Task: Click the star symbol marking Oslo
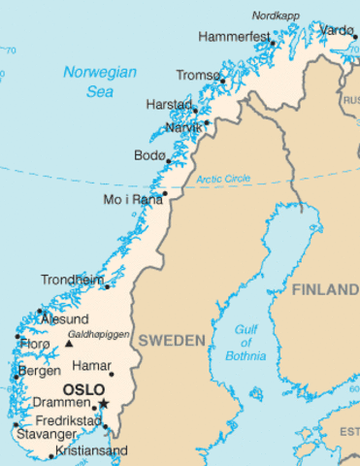coord(103,403)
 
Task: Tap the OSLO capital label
coord(82,390)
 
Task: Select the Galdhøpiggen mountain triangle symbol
coord(68,342)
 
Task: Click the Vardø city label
coord(337,30)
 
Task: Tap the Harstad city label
coord(169,104)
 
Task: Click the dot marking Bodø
coord(169,159)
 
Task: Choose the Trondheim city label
coord(72,280)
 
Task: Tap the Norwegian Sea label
coord(99,81)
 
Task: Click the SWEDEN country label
coord(171,341)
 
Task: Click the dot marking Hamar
coord(112,374)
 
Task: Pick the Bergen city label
coord(40,372)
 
